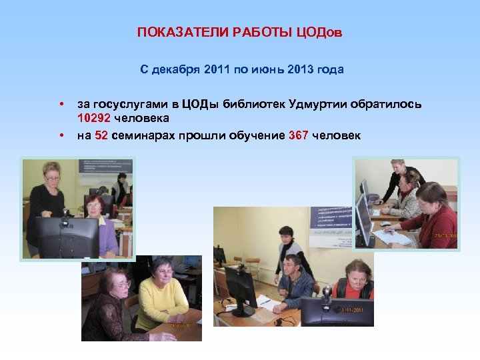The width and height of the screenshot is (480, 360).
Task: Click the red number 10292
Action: point(93,118)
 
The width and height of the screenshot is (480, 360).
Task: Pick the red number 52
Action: point(101,135)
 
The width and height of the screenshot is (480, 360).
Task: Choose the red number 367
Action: point(299,135)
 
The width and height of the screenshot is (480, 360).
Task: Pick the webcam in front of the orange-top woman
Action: point(327,291)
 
